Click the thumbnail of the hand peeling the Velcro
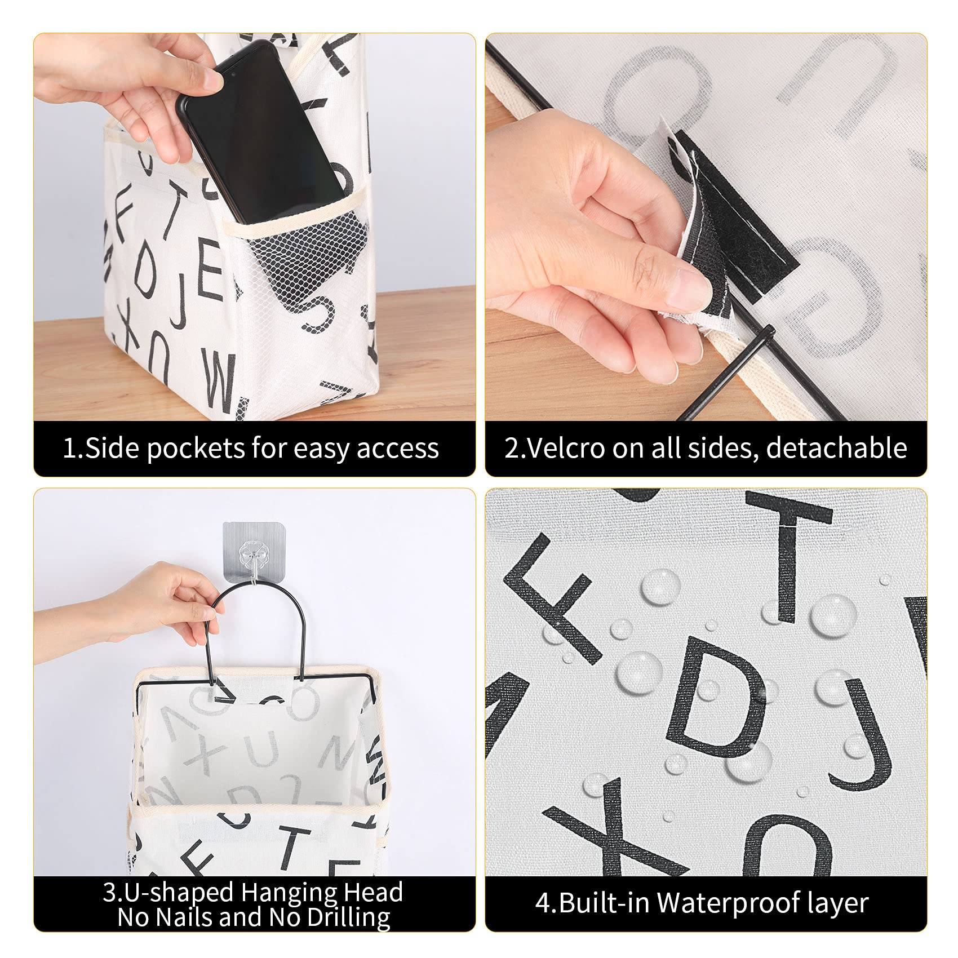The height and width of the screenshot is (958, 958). (x=706, y=227)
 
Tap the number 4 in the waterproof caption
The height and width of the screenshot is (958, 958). (x=543, y=903)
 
